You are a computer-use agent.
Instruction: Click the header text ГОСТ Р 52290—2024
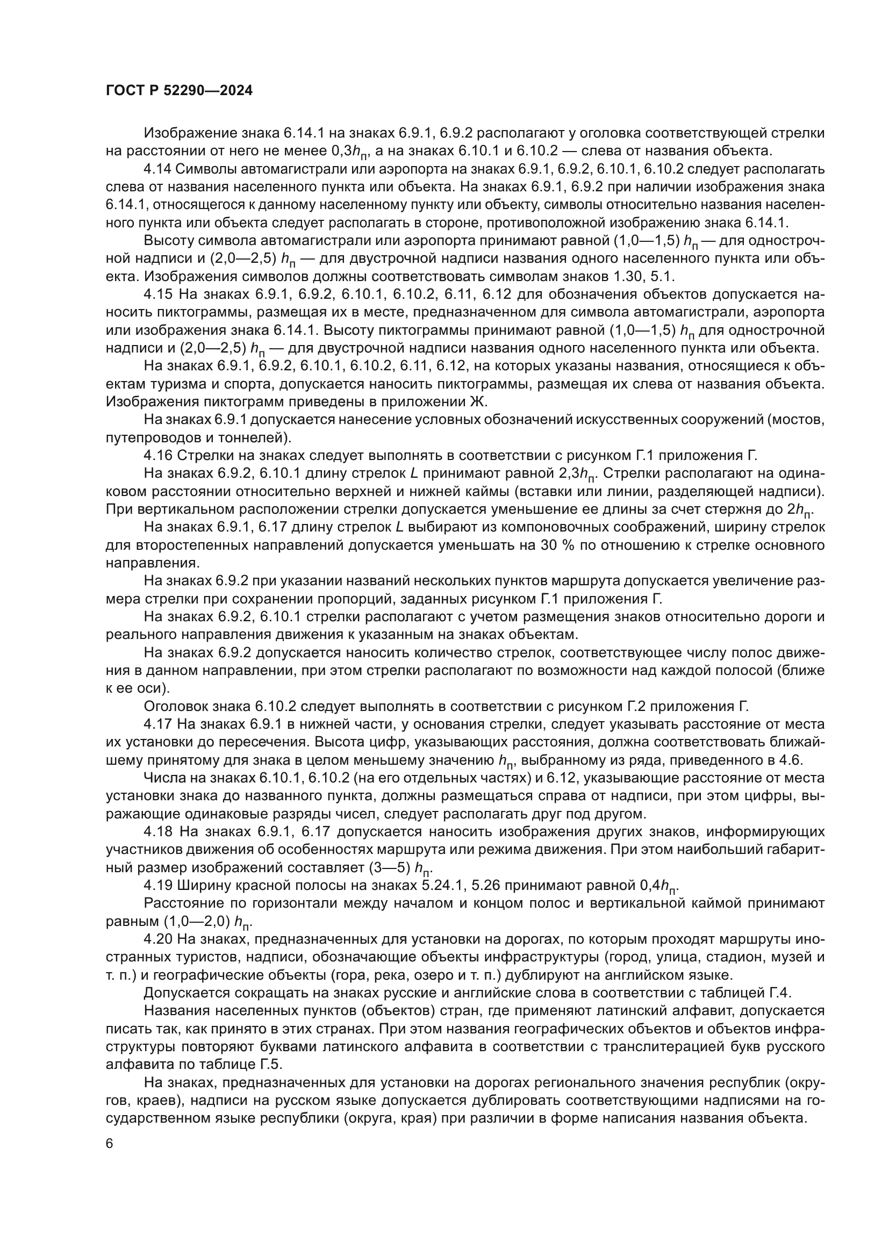[179, 91]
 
